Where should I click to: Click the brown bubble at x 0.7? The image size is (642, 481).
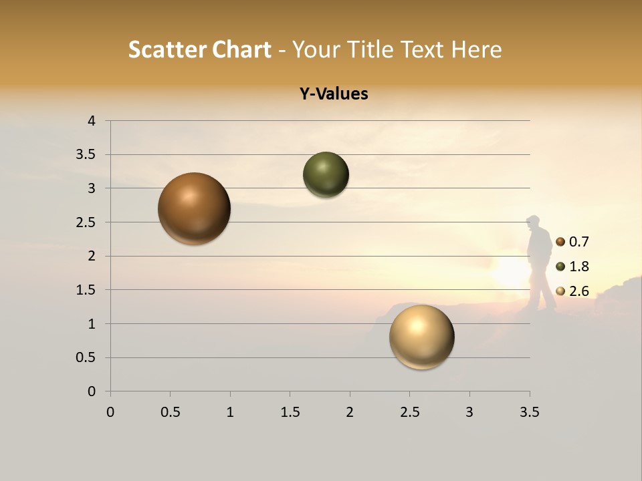pyautogui.click(x=195, y=208)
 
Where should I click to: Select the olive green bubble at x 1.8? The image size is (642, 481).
pyautogui.click(x=326, y=175)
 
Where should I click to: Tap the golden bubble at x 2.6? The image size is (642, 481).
pyautogui.click(x=421, y=337)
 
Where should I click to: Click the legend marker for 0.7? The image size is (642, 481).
pyautogui.click(x=560, y=242)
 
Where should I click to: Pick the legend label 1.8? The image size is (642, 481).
pyautogui.click(x=579, y=267)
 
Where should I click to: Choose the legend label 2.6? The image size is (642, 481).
pyautogui.click(x=579, y=291)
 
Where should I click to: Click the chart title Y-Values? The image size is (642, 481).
pyautogui.click(x=334, y=94)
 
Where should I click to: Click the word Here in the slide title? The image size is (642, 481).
pyautogui.click(x=476, y=49)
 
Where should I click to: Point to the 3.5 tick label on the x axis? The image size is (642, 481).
pyautogui.click(x=530, y=412)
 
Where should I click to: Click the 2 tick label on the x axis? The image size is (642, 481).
pyautogui.click(x=350, y=412)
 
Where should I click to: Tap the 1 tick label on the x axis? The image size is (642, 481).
pyautogui.click(x=230, y=412)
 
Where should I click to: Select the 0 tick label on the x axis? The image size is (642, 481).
pyautogui.click(x=110, y=412)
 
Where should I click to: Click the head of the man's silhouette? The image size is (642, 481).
pyautogui.click(x=534, y=222)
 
